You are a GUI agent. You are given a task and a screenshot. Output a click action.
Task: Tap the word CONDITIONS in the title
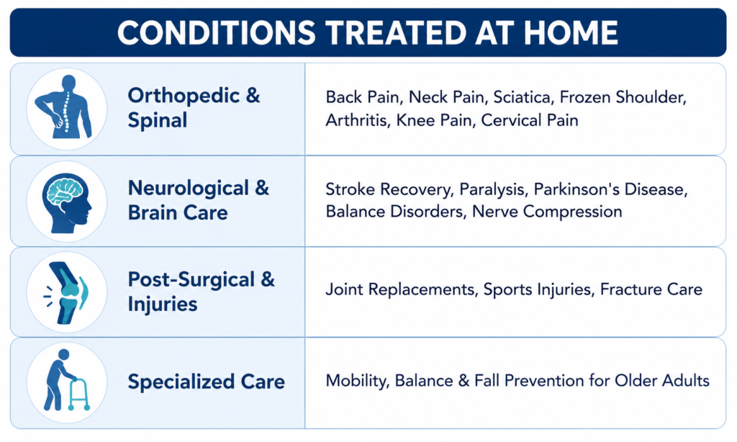[216, 32]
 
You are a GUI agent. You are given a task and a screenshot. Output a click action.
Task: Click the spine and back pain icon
[65, 107]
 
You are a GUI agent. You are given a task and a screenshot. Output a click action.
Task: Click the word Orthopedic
[184, 96]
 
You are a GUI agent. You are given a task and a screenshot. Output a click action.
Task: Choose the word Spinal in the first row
[158, 120]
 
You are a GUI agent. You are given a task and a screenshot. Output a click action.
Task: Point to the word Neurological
[188, 188]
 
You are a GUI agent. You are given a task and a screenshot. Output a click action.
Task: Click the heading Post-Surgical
[191, 279]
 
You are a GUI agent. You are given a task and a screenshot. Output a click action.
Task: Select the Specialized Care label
[207, 382]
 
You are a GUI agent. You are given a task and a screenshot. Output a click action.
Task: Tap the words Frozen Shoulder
[623, 97]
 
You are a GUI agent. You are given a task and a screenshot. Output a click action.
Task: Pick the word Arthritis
[357, 120]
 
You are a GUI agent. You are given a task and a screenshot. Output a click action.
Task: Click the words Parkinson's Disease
[610, 189]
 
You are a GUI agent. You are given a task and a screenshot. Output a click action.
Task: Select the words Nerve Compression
[547, 212]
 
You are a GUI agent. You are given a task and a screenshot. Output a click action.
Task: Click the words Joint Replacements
[400, 289]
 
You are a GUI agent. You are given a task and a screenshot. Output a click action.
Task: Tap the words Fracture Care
[651, 289]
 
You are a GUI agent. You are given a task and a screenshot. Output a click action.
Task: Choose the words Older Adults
[662, 380]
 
